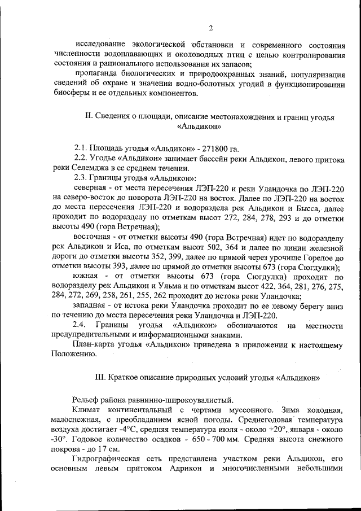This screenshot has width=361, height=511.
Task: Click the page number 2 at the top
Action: [210, 28]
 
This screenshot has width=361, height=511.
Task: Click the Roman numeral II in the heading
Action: [88, 117]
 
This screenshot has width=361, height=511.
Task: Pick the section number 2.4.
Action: [81, 325]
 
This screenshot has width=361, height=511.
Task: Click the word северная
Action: [91, 187]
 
